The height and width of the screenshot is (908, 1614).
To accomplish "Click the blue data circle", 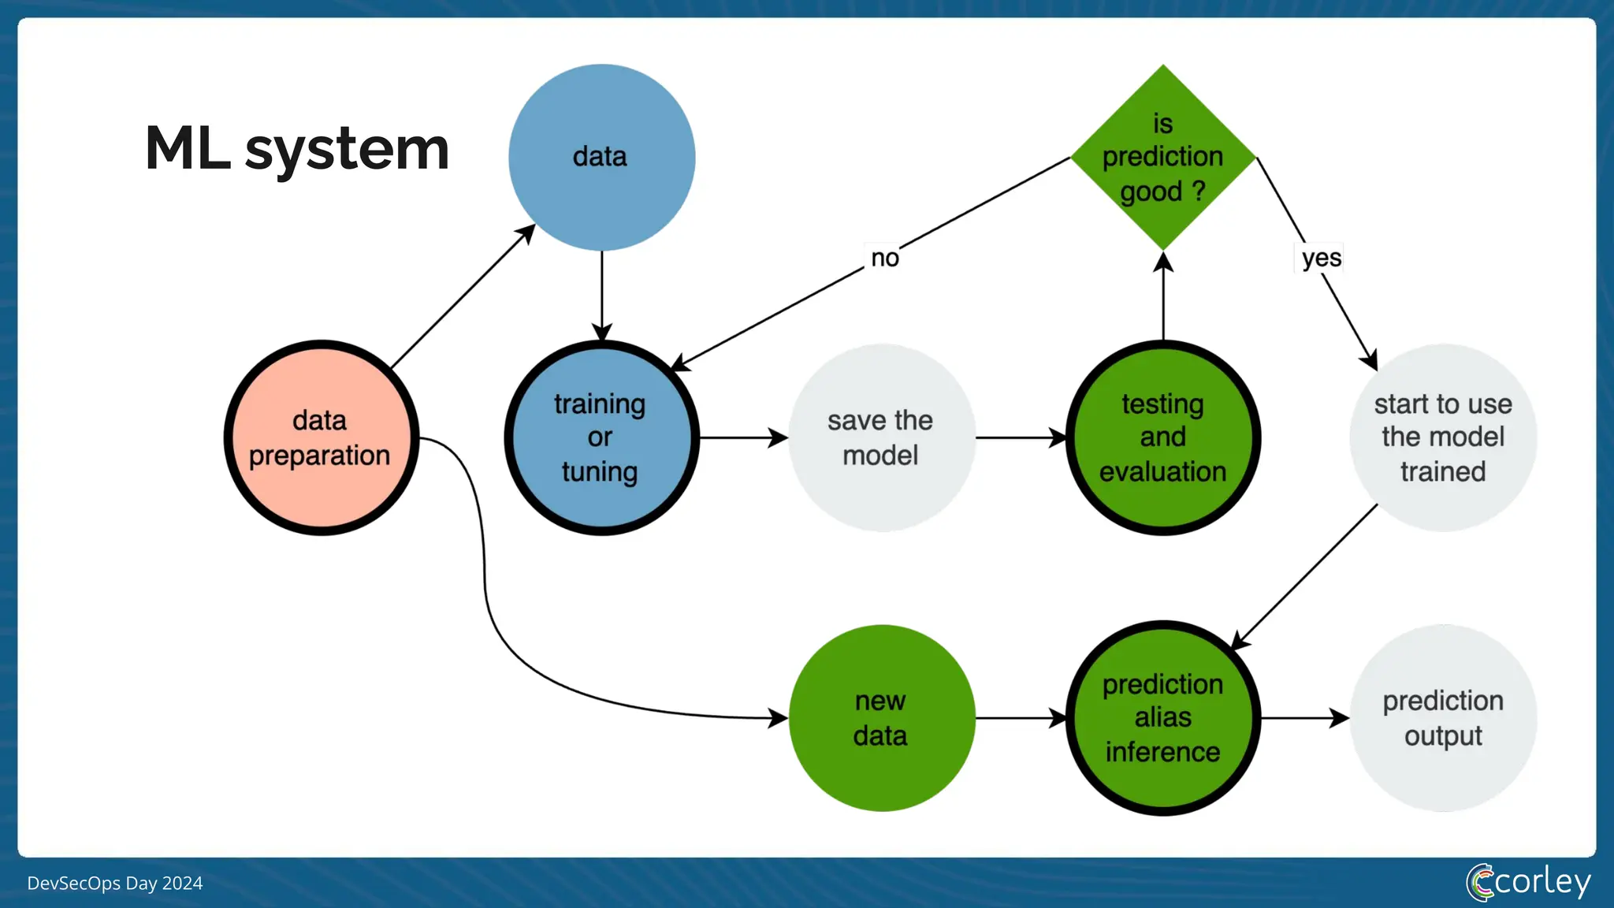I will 601,158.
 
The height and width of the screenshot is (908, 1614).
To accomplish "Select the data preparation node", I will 321,438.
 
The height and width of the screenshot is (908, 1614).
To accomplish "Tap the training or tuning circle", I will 601,438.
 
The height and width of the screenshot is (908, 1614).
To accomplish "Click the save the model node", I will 881,438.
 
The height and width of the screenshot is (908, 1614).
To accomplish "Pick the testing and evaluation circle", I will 1162,438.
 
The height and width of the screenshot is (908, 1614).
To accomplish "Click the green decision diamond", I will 1162,158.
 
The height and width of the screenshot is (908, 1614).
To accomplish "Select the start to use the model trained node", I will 1443,438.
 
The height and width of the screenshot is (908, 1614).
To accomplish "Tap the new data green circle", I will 881,718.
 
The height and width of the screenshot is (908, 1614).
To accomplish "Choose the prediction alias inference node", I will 1162,718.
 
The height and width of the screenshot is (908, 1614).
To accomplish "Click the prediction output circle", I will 1443,718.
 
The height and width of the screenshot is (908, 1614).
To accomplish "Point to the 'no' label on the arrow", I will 884,258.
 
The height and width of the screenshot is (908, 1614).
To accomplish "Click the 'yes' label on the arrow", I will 1321,258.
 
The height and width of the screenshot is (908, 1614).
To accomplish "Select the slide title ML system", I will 297,148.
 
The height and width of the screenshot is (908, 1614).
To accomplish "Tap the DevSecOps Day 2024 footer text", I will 115,884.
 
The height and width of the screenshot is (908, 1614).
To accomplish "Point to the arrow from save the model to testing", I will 1021,438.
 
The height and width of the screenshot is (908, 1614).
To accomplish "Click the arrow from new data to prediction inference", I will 1021,718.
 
